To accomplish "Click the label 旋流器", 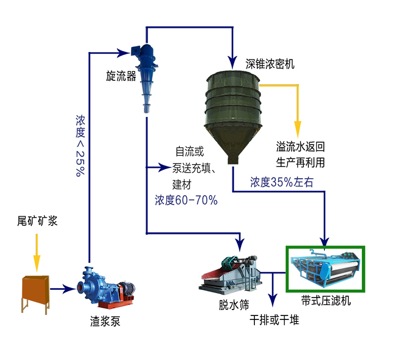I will click(121, 76).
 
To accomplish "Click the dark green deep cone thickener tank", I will click(232, 109).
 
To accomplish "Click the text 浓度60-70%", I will click(186, 200).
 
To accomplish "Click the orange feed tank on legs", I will click(35, 290).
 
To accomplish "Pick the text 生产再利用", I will click(301, 161).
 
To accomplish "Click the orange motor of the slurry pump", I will click(124, 290).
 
